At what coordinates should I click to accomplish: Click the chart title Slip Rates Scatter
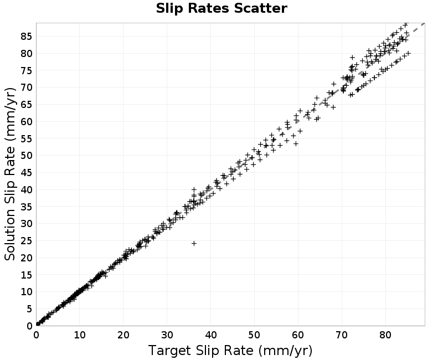pos(221,8)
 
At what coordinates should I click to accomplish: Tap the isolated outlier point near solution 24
pos(194,243)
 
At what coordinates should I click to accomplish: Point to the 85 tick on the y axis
pos(26,36)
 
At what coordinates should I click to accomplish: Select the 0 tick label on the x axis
pos(36,335)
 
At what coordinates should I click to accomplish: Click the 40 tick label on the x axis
pos(210,335)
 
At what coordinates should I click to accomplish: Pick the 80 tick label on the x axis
pos(385,335)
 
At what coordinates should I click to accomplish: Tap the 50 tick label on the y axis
pos(26,156)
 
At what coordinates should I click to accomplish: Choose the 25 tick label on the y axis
pos(26,241)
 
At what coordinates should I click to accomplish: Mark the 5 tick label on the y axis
pos(29,309)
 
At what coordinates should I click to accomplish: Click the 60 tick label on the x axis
pos(298,335)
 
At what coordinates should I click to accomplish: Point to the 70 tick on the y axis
pos(26,88)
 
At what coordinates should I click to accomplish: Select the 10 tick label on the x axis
pos(80,335)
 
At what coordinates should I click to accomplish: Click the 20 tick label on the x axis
pos(123,335)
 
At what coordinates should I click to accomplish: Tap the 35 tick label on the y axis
pos(26,207)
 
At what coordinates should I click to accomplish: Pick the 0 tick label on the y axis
pos(29,326)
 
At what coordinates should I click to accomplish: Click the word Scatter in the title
pos(260,8)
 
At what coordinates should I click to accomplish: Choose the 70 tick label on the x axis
pos(342,335)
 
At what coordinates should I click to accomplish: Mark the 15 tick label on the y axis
pos(26,275)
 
